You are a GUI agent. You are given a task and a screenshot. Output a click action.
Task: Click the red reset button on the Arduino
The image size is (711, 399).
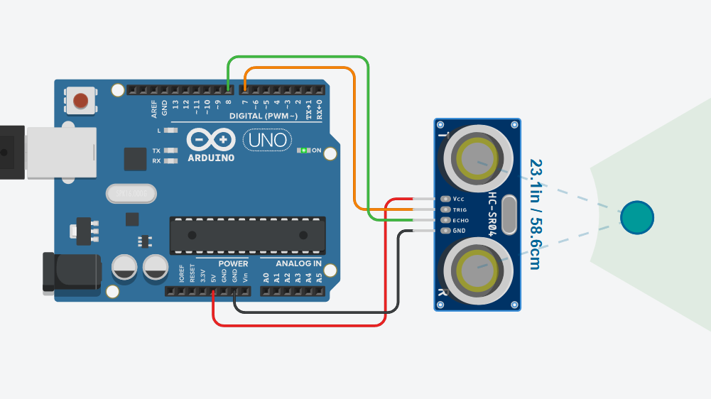pyautogui.click(x=82, y=100)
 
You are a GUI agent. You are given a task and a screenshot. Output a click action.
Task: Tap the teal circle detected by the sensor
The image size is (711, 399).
pyautogui.click(x=636, y=217)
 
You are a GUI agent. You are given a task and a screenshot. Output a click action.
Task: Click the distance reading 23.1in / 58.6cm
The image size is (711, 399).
pyautogui.click(x=535, y=214)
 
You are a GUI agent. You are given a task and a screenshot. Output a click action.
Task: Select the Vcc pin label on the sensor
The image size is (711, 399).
pyautogui.click(x=458, y=199)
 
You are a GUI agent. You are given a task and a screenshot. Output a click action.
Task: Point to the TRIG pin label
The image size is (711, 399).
pyautogui.click(x=460, y=210)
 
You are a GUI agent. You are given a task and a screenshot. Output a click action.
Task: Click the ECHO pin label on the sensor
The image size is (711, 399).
pyautogui.click(x=460, y=220)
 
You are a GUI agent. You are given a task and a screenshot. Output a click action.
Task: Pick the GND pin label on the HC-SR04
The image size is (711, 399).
pyautogui.click(x=459, y=231)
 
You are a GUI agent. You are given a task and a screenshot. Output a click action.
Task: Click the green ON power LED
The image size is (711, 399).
pyautogui.click(x=304, y=151)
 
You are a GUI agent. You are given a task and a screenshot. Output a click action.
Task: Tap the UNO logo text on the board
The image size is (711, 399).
pyautogui.click(x=267, y=141)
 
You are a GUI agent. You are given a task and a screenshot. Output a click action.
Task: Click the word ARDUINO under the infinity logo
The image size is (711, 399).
pyautogui.click(x=211, y=158)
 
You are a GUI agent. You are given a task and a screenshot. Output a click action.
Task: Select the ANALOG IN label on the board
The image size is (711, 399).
pyautogui.click(x=298, y=263)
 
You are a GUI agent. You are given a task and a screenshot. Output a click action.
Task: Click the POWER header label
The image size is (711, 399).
pyautogui.click(x=233, y=263)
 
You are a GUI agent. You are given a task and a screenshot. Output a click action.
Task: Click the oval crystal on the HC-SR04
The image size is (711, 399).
pyautogui.click(x=509, y=215)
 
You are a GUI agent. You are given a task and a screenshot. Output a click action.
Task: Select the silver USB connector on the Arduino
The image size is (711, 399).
pyautogui.click(x=60, y=153)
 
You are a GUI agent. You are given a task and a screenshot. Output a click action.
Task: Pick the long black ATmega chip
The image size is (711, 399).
pyautogui.click(x=247, y=235)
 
